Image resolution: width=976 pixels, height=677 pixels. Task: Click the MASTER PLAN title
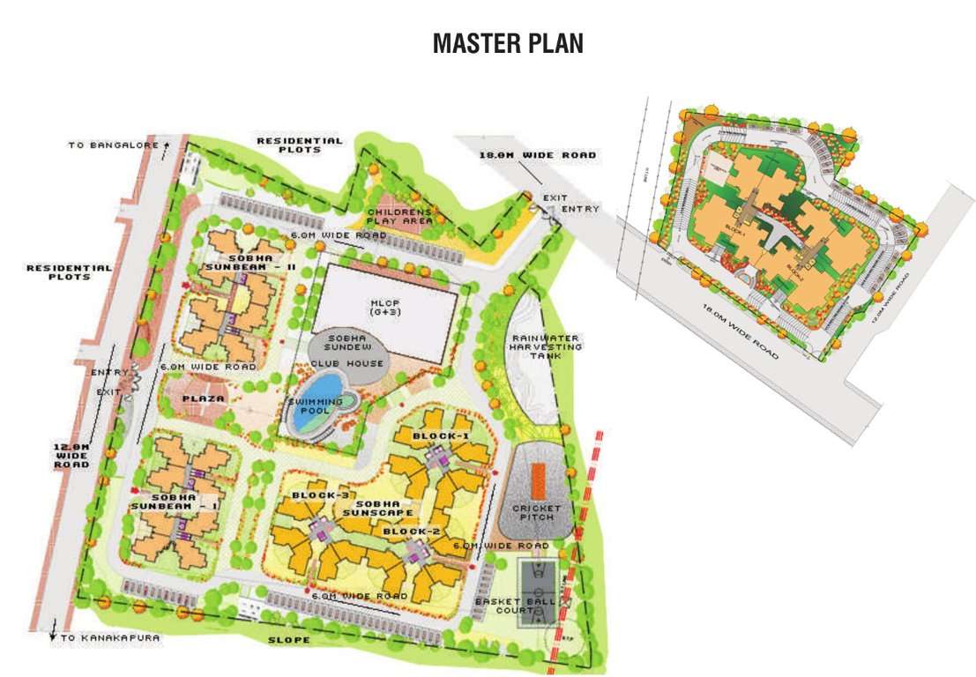point(508,43)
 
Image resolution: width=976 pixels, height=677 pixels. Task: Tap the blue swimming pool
point(317,401)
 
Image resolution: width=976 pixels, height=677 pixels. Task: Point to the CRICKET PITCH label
point(536,512)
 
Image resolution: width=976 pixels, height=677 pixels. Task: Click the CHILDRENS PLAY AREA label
point(401,217)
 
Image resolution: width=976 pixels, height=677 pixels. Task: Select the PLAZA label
point(203,398)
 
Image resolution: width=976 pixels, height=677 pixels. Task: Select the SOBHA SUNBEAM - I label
point(162,501)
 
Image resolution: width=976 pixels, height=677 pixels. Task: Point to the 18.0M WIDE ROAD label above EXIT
point(537,155)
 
